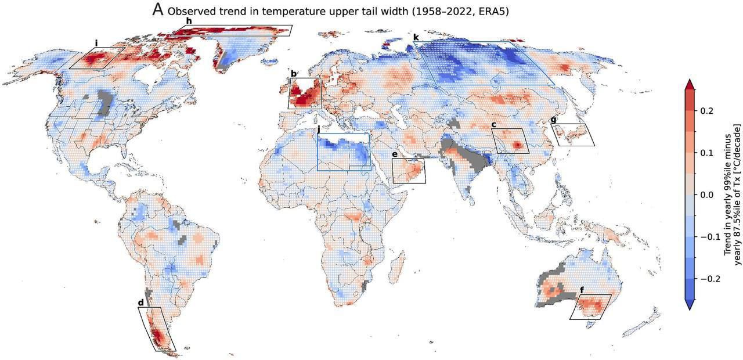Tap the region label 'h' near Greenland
point(189,21)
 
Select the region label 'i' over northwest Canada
point(96,43)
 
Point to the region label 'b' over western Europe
point(294,74)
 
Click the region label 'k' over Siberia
point(416,38)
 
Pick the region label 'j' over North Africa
point(318,129)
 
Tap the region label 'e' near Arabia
point(395,154)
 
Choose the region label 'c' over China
point(493,124)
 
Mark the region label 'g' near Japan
point(553,120)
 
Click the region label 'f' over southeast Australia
point(582,290)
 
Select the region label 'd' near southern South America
point(140,303)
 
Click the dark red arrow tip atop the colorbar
point(690,84)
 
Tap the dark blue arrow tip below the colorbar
point(690,305)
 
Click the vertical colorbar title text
point(733,195)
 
